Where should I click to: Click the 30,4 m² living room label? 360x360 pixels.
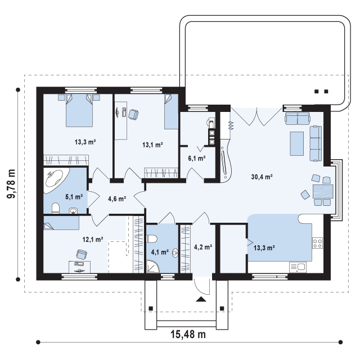(x=262, y=177)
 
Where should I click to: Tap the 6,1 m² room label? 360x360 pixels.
(x=197, y=158)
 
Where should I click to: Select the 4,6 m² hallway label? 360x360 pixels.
(x=117, y=199)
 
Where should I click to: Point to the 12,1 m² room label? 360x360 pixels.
(x=93, y=240)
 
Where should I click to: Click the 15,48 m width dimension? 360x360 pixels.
(x=188, y=334)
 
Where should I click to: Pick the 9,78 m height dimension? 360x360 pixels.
(x=11, y=184)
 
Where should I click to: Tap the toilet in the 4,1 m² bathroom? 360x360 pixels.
(x=152, y=239)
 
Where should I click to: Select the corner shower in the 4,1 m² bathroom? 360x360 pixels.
(x=152, y=266)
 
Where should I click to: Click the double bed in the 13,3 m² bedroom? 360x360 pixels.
(x=79, y=110)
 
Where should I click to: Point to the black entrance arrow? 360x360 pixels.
(x=201, y=299)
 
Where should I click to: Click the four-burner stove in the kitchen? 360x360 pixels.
(x=317, y=244)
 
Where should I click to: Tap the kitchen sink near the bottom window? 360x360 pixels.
(x=298, y=268)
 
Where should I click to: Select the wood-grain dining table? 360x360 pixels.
(x=323, y=191)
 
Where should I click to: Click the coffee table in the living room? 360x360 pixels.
(x=297, y=144)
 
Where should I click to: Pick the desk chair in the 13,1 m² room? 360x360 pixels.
(x=133, y=114)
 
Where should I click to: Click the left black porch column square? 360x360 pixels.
(x=151, y=308)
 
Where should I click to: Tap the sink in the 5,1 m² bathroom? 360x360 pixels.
(x=73, y=211)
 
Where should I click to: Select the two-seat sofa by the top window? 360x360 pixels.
(x=298, y=118)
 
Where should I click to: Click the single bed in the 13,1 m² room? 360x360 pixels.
(x=171, y=111)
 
